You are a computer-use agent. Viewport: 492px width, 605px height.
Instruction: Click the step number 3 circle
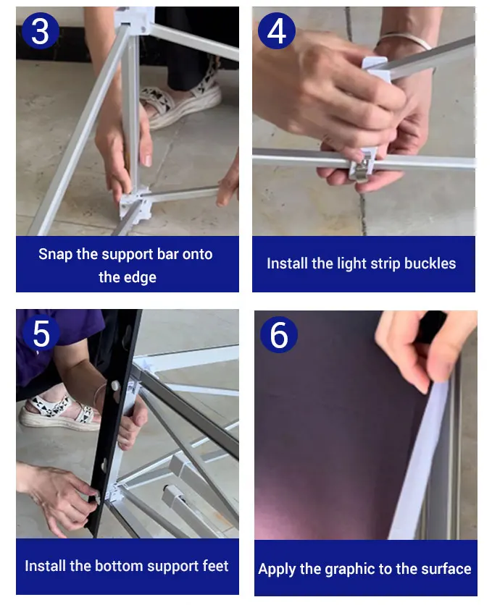pyautogui.click(x=40, y=31)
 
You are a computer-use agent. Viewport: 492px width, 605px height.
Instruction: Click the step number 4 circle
pyautogui.click(x=277, y=31)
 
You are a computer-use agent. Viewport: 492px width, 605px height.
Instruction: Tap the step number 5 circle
pyautogui.click(x=41, y=333)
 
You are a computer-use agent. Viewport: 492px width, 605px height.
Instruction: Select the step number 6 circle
pyautogui.click(x=279, y=334)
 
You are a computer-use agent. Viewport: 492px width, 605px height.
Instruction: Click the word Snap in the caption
pyautogui.click(x=55, y=254)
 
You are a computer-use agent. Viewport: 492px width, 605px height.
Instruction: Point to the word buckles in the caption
pyautogui.click(x=430, y=263)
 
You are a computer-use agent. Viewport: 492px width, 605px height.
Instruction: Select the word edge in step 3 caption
pyautogui.click(x=139, y=277)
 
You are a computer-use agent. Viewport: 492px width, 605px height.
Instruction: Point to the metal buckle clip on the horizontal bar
pyautogui.click(x=362, y=166)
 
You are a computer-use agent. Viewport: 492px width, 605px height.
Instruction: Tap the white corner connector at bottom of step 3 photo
pyautogui.click(x=134, y=204)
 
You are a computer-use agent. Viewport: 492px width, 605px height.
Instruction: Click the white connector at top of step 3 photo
pyautogui.click(x=134, y=19)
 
